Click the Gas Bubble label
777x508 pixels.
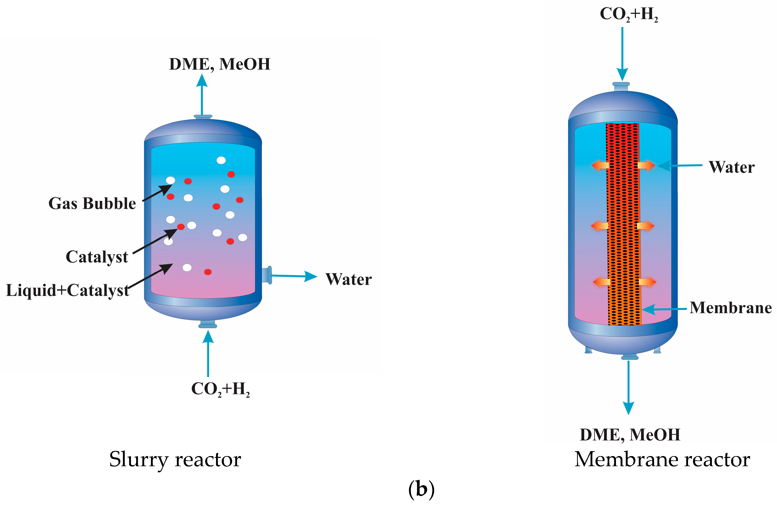[92, 204]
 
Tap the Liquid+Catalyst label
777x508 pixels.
[68, 290]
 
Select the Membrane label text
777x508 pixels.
[731, 308]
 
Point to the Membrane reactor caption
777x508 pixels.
[662, 459]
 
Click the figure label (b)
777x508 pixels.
[421, 489]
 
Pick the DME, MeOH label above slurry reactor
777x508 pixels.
[220, 64]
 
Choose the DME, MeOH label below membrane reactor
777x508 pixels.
[630, 435]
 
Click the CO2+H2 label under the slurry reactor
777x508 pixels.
[221, 389]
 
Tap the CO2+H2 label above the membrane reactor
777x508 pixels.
[629, 14]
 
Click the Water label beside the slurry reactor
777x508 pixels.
[349, 279]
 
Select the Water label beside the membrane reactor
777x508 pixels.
[732, 167]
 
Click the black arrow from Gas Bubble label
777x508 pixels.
[158, 193]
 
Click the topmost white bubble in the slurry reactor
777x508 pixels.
[221, 160]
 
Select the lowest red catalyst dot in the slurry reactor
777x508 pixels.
[208, 272]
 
